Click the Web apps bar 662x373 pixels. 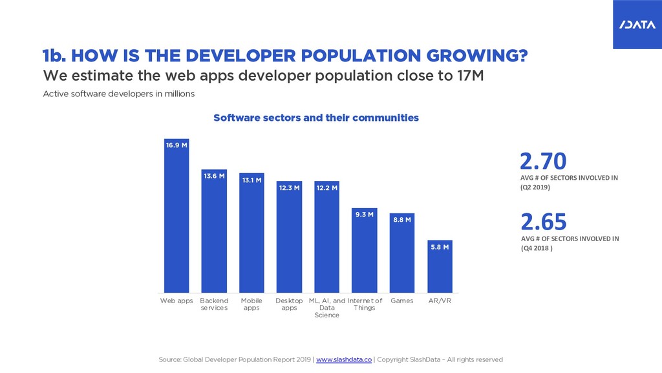[176, 216]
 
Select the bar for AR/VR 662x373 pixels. [440, 266]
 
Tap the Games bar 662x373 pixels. [402, 253]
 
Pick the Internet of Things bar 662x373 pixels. [365, 250]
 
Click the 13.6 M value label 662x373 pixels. [214, 176]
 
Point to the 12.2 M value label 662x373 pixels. [326, 187]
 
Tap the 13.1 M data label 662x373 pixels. [251, 180]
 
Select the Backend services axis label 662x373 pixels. [214, 304]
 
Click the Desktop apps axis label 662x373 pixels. [289, 304]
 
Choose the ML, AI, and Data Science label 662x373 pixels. [326, 308]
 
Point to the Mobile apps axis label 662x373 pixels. [251, 304]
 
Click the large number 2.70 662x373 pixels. [543, 161]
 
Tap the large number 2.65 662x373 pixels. [543, 222]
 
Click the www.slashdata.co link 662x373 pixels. [344, 359]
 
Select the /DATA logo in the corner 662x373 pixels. [637, 25]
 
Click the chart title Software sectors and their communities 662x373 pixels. [315, 118]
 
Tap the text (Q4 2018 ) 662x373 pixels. [537, 248]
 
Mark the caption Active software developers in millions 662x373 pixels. [119, 94]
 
